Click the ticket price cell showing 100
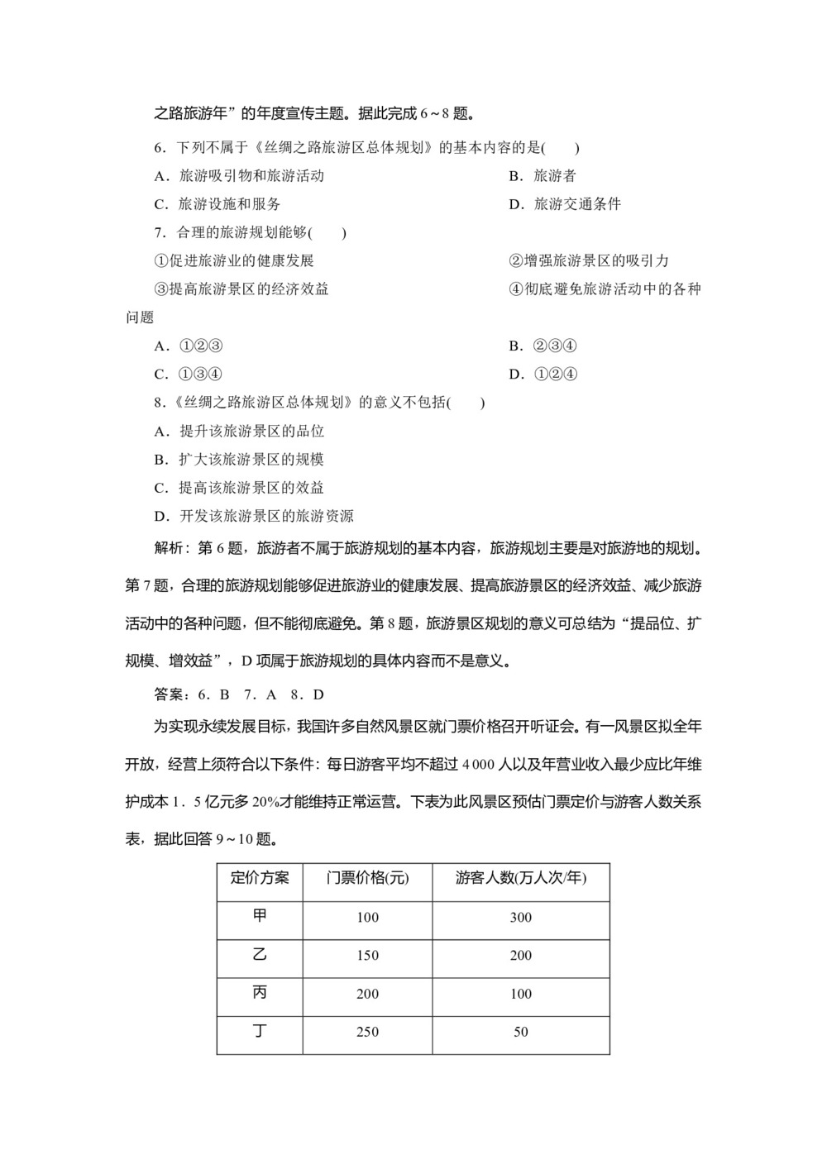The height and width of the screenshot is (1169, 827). click(x=367, y=917)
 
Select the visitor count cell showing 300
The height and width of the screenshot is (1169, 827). click(x=521, y=917)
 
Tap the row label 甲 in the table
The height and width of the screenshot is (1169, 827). click(x=260, y=915)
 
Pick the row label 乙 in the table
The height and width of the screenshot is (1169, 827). click(x=260, y=954)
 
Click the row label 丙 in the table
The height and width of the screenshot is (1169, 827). click(x=260, y=992)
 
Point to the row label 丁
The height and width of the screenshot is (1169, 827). click(x=260, y=1030)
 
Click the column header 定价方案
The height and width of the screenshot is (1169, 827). click(x=260, y=877)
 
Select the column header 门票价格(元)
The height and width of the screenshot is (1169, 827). click(x=367, y=877)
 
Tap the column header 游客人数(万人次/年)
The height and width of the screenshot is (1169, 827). click(x=521, y=877)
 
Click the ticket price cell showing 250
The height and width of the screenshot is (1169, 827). click(x=367, y=1032)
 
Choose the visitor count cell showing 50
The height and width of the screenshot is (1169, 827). click(x=521, y=1032)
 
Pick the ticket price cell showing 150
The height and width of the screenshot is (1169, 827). click(x=367, y=955)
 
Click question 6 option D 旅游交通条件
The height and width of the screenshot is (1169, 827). click(x=565, y=203)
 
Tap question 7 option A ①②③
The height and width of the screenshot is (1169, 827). click(x=189, y=346)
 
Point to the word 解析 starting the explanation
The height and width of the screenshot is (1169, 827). click(x=170, y=548)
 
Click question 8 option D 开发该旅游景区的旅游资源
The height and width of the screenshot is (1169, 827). click(x=254, y=516)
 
